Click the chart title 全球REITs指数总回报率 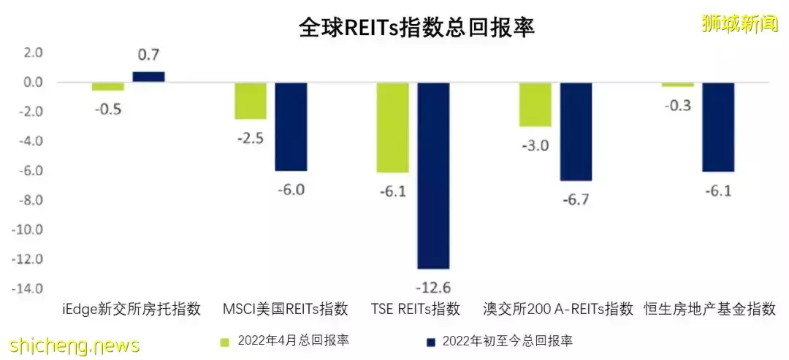tap(416, 27)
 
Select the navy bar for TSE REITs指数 tap(433, 175)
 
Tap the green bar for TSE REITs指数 tap(392, 127)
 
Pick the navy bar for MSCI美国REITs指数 tap(291, 126)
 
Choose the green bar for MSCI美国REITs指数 tap(250, 101)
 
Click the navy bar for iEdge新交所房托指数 tap(148, 77)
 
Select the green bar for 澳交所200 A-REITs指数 tap(535, 104)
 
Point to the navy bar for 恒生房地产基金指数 tap(718, 127)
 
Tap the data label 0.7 tap(148, 55)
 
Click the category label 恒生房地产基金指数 tap(709, 309)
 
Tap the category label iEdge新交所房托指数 tap(131, 309)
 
